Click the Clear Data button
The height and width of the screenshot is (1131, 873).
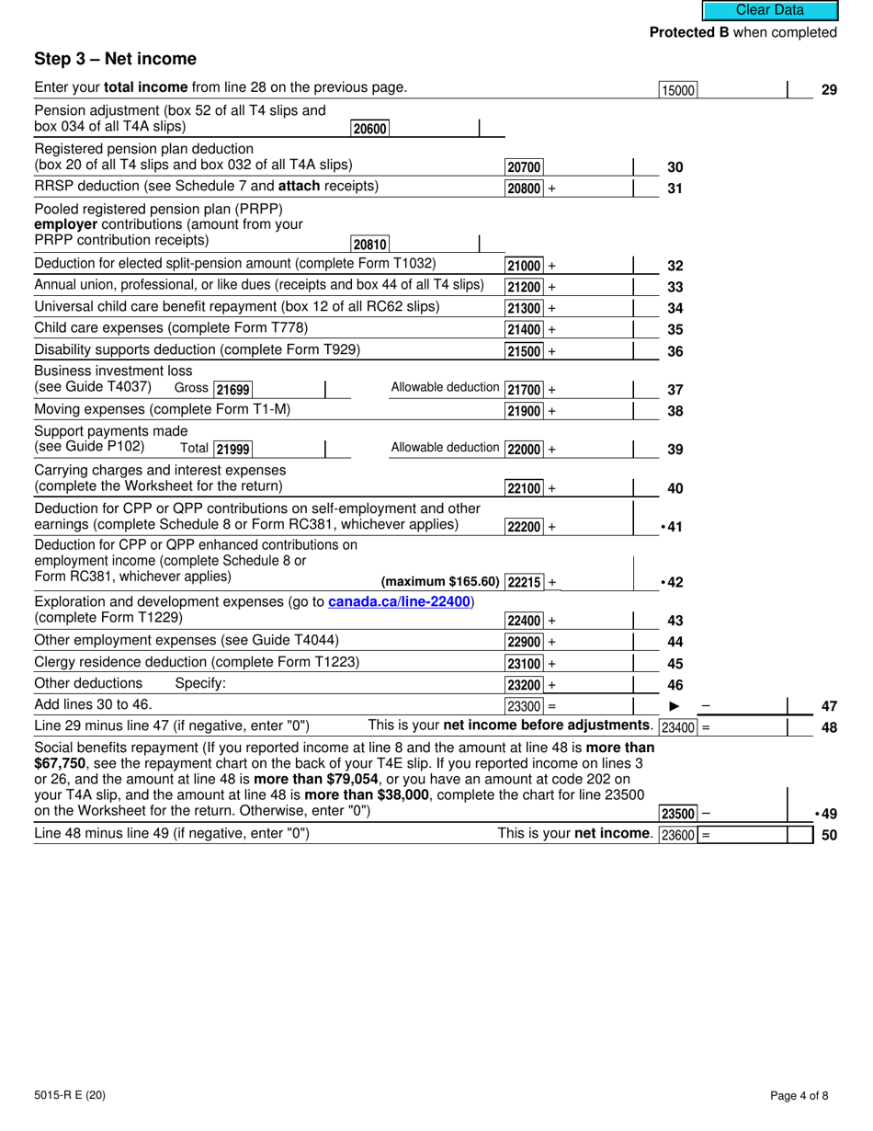[x=770, y=10]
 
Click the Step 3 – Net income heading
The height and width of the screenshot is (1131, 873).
[x=115, y=59]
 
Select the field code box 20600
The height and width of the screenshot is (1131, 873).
[x=369, y=130]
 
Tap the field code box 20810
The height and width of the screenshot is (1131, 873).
[x=369, y=245]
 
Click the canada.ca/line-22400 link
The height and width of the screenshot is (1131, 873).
[x=399, y=601]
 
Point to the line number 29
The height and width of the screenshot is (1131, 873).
[x=828, y=90]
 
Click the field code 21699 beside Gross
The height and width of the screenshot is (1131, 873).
[x=232, y=390]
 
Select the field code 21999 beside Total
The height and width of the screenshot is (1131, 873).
[x=232, y=450]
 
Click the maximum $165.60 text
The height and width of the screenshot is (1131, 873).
[x=440, y=582]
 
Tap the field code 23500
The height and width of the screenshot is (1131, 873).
[x=678, y=814]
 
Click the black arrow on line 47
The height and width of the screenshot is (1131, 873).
[x=674, y=706]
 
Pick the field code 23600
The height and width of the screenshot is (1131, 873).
[x=678, y=836]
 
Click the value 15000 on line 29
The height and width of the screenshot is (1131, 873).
[x=678, y=90]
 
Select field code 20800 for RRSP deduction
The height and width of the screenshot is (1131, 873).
[x=524, y=188]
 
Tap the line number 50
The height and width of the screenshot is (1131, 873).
[x=828, y=836]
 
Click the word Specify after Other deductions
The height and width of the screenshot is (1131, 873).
[x=199, y=683]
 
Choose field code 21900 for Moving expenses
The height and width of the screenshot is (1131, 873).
[x=524, y=411]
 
